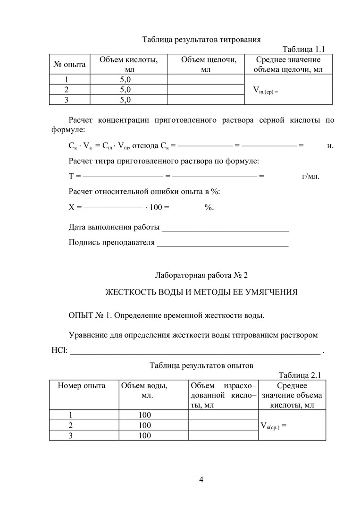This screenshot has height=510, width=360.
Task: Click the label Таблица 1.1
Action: [x=304, y=49]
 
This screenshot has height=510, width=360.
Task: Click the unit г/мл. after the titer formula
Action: [x=310, y=177]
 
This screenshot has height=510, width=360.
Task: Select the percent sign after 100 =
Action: [x=209, y=207]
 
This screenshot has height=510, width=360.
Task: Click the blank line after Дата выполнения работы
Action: [x=225, y=228]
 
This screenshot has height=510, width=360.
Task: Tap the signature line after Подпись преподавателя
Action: [x=222, y=243]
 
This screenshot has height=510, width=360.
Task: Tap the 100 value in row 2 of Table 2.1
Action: [x=144, y=425]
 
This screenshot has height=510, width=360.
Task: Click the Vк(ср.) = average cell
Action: [x=274, y=425]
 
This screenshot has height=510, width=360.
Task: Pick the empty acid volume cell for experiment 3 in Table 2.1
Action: [x=223, y=435]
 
